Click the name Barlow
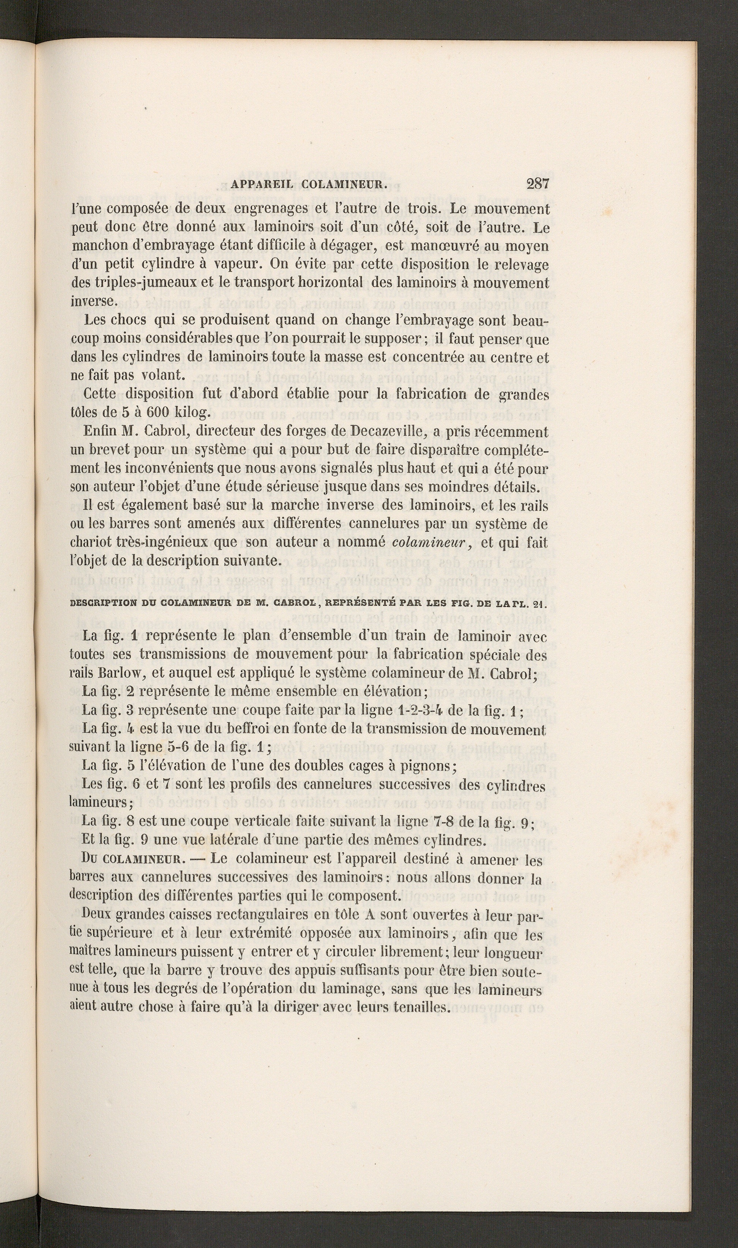[122, 673]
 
